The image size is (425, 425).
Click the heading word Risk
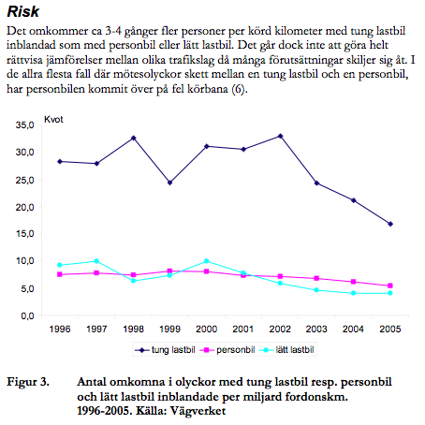pos(23,12)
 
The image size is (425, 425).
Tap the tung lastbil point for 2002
pos(280,136)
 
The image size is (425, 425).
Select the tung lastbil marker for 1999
pos(169,183)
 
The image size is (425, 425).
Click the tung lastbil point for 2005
pos(390,224)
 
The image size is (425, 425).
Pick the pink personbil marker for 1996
pos(60,274)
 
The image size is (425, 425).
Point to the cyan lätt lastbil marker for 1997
pos(96,261)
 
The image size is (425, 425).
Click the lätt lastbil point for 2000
pos(206,261)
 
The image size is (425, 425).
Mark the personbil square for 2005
pos(390,286)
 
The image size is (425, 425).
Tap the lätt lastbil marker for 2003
pos(316,290)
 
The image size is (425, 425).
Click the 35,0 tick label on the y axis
pos(24,125)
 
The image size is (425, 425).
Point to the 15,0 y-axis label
pos(24,234)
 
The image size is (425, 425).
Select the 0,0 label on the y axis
pos(27,315)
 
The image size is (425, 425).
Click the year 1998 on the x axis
pos(133,329)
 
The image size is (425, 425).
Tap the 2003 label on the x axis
pos(316,329)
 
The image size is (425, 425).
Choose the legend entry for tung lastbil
pos(165,350)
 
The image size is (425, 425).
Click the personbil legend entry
pos(227,350)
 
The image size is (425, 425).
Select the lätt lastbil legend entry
pos(286,350)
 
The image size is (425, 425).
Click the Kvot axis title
pos(53,120)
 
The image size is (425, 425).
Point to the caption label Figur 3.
pos(28,382)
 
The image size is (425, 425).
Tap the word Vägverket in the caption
pos(198,411)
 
